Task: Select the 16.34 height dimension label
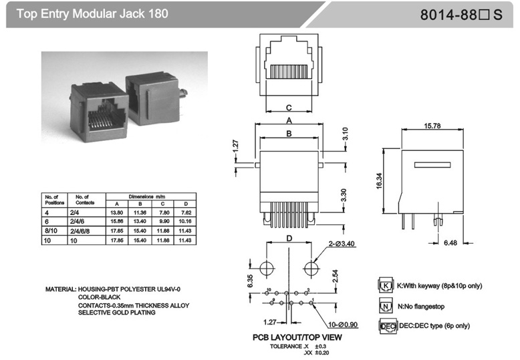(x=378, y=182)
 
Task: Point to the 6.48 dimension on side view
(x=453, y=243)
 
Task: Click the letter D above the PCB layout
(x=289, y=238)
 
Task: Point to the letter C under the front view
(x=288, y=107)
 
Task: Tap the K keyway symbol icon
(x=385, y=286)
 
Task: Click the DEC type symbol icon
(x=386, y=327)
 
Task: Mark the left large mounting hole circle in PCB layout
(x=266, y=268)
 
